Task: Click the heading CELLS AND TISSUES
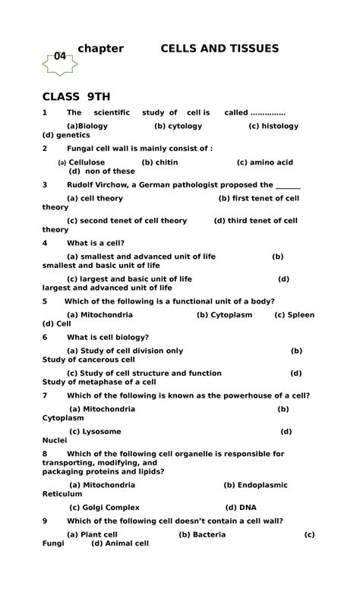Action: click(x=219, y=49)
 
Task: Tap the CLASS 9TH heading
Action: click(x=76, y=96)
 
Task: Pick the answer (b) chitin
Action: click(x=159, y=162)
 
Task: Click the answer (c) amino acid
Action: click(x=264, y=162)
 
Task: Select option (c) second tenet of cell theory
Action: click(x=127, y=221)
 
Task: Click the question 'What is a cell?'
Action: click(x=96, y=243)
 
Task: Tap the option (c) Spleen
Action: click(x=294, y=314)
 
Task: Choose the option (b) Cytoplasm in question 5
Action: click(x=224, y=314)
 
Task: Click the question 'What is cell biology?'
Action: click(x=108, y=337)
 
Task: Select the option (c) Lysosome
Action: click(x=95, y=431)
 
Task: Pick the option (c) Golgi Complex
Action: click(x=105, y=507)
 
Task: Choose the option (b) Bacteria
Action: click(x=202, y=534)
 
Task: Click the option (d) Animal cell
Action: click(x=120, y=543)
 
